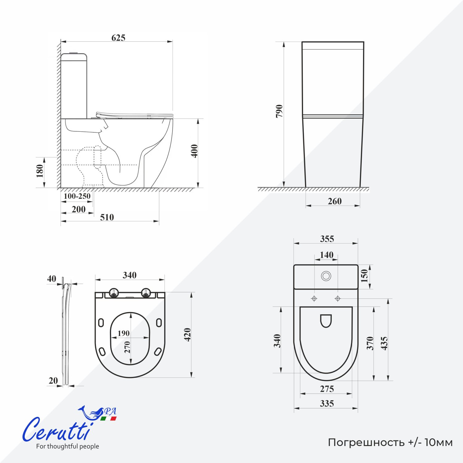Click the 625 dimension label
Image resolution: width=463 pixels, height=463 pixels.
(118, 38)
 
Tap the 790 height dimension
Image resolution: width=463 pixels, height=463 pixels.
(279, 111)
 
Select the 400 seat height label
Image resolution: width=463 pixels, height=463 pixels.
(194, 151)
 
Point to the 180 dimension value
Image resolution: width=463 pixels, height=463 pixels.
(40, 171)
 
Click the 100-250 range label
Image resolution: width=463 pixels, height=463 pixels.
(77, 196)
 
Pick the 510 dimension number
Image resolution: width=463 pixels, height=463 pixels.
(107, 217)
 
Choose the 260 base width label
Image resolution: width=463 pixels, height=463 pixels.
(335, 201)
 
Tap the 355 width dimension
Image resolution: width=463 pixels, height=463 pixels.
(327, 239)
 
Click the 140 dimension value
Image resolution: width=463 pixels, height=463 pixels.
(327, 255)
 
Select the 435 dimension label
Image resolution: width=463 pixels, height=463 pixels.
(384, 343)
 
